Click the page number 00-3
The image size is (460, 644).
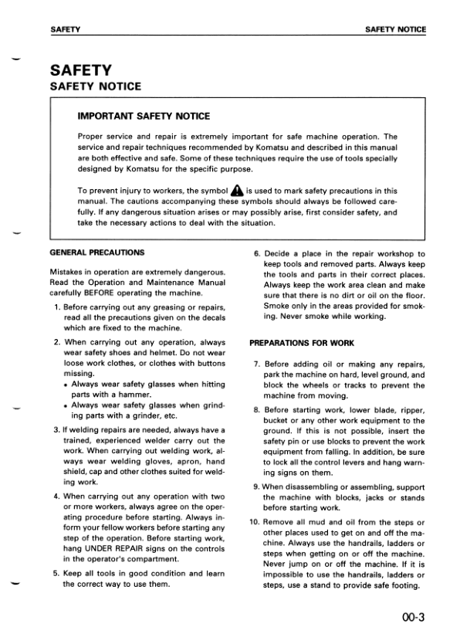click(414, 617)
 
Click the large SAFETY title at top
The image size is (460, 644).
click(80, 70)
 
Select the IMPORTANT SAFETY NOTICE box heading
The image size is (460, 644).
click(144, 117)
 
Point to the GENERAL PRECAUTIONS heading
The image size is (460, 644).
click(96, 253)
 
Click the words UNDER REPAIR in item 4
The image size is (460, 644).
click(116, 547)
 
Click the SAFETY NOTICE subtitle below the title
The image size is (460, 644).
click(95, 86)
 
